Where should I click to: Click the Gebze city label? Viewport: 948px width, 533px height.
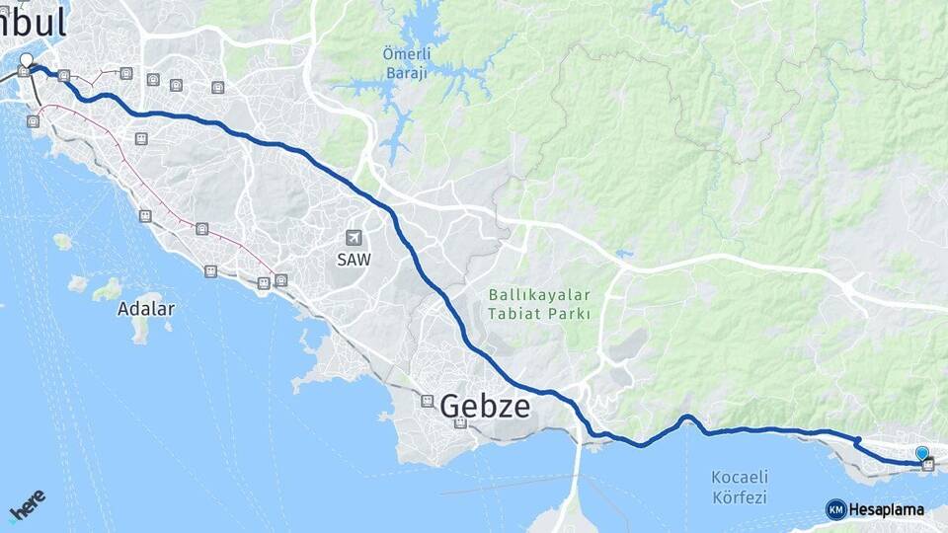point(485,406)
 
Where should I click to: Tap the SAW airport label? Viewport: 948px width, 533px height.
point(354,260)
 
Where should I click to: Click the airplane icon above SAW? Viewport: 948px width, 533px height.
point(354,238)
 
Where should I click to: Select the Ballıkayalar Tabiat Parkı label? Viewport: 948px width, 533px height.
point(539,304)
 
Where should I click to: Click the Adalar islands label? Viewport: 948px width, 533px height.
point(145,308)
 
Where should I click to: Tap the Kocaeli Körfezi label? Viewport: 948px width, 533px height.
point(740,488)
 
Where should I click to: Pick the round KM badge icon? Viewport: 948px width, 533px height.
point(835,510)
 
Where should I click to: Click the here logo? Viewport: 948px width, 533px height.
point(28,505)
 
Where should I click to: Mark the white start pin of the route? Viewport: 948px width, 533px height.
point(27,61)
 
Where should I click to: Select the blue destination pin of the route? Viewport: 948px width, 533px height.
point(922,453)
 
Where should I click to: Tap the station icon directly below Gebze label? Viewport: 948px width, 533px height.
point(460,424)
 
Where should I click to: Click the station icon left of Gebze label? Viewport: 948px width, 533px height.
point(427,401)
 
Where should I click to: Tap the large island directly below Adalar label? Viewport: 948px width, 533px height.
point(140,329)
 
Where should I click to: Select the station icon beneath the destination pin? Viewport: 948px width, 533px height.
point(927,465)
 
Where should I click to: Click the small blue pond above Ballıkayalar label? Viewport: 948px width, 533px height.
point(622,254)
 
